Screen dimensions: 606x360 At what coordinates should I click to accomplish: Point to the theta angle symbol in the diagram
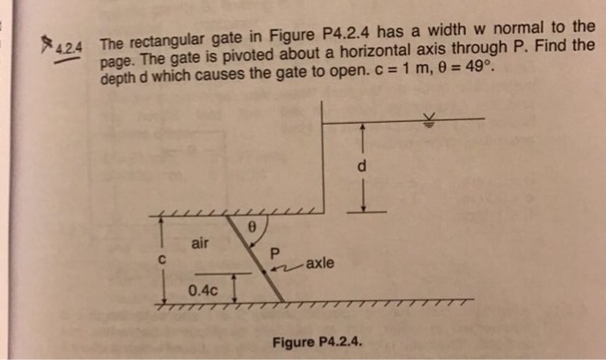tap(251, 226)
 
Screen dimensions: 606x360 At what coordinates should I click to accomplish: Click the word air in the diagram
tap(200, 244)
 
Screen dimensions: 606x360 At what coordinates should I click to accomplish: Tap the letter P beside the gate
tap(276, 254)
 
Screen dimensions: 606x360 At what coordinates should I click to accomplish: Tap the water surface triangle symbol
tap(425, 120)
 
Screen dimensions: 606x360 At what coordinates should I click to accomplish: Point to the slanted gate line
tap(260, 260)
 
